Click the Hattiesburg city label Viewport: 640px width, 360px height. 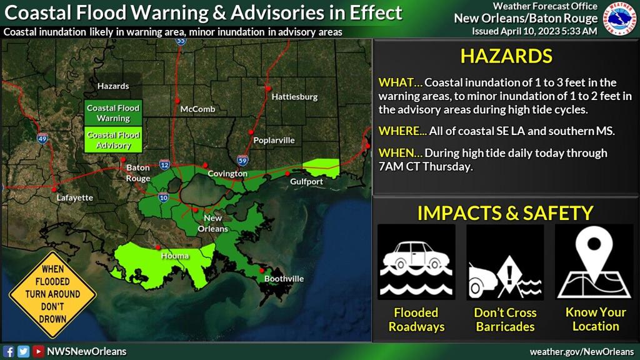294,97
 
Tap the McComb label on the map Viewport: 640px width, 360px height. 197,109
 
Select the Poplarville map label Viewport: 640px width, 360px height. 274,141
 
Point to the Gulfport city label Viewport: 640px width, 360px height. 306,182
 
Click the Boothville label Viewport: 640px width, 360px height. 284,279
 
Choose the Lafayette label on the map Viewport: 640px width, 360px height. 74,198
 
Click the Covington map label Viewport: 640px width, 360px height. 227,174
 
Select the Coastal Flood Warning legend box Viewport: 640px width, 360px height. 113,113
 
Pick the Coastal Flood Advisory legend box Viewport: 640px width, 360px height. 113,140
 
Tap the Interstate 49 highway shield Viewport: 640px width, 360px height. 42,139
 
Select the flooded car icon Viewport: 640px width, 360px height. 416,262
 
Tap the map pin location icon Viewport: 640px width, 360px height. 595,262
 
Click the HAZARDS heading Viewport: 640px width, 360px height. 506,56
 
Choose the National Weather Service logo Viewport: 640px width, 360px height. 620,18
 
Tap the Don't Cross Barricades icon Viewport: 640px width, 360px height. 505,262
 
